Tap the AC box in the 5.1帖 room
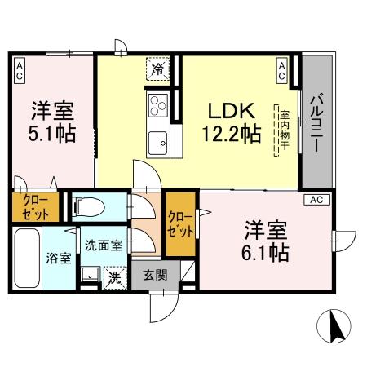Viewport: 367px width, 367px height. [18, 71]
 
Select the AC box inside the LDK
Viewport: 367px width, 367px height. [281, 70]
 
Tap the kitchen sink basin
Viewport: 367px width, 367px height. [157, 141]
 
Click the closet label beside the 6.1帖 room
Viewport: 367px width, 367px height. [180, 223]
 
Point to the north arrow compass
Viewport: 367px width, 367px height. [334, 328]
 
